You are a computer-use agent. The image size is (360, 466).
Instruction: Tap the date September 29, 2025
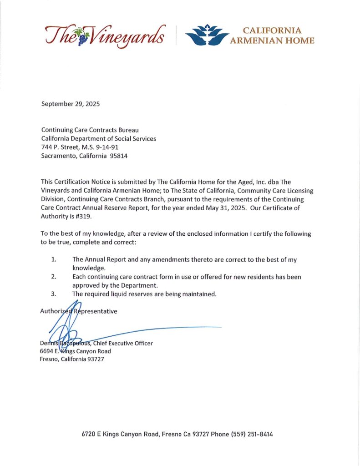[x=71, y=103]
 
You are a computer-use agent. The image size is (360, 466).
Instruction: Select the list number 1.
[x=53, y=259]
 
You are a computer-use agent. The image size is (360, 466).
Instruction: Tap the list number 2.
[x=53, y=277]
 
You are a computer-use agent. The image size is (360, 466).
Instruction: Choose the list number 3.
[x=53, y=294]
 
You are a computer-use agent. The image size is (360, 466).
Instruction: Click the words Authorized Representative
[x=79, y=311]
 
